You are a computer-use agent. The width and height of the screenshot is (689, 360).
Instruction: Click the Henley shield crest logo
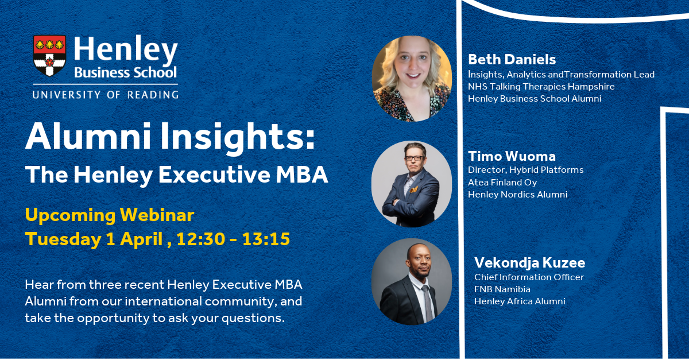[49, 56]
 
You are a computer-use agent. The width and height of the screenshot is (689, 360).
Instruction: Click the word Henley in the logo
[126, 50]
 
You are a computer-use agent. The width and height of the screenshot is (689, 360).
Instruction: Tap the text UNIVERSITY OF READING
[106, 95]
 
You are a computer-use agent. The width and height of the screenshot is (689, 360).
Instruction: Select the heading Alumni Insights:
[170, 137]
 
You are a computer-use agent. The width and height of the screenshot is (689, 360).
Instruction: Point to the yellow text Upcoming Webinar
[110, 215]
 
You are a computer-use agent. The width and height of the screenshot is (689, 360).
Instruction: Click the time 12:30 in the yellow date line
[200, 239]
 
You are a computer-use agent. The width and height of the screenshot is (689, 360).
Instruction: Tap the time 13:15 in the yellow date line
[266, 239]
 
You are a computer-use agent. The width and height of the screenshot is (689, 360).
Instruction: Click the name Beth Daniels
[512, 59]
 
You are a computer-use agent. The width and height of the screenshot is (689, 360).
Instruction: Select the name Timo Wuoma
[512, 156]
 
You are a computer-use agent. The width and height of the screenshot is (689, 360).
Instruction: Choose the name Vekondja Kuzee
[529, 263]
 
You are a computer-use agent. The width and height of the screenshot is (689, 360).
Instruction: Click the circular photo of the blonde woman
[412, 79]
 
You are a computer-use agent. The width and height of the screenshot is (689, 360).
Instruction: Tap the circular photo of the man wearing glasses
[412, 184]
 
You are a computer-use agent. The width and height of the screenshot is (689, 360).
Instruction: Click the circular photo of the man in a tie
[412, 281]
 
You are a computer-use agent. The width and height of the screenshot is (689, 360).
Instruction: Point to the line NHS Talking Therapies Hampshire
[541, 87]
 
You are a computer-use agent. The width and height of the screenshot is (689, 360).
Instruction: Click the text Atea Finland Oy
[502, 183]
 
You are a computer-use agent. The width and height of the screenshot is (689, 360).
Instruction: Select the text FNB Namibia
[502, 289]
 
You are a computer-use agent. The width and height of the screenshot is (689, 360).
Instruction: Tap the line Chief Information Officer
[529, 277]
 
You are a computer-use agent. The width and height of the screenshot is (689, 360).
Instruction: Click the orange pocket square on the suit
[414, 189]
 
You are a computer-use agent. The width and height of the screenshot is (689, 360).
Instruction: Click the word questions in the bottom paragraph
[253, 318]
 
